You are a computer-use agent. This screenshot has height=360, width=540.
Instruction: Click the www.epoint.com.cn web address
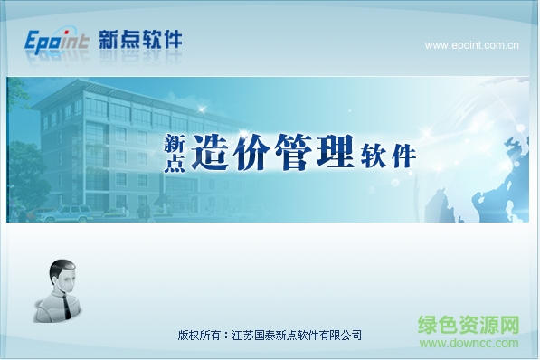tap(470, 44)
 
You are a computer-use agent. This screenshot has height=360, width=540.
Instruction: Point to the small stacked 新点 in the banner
tap(174, 154)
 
